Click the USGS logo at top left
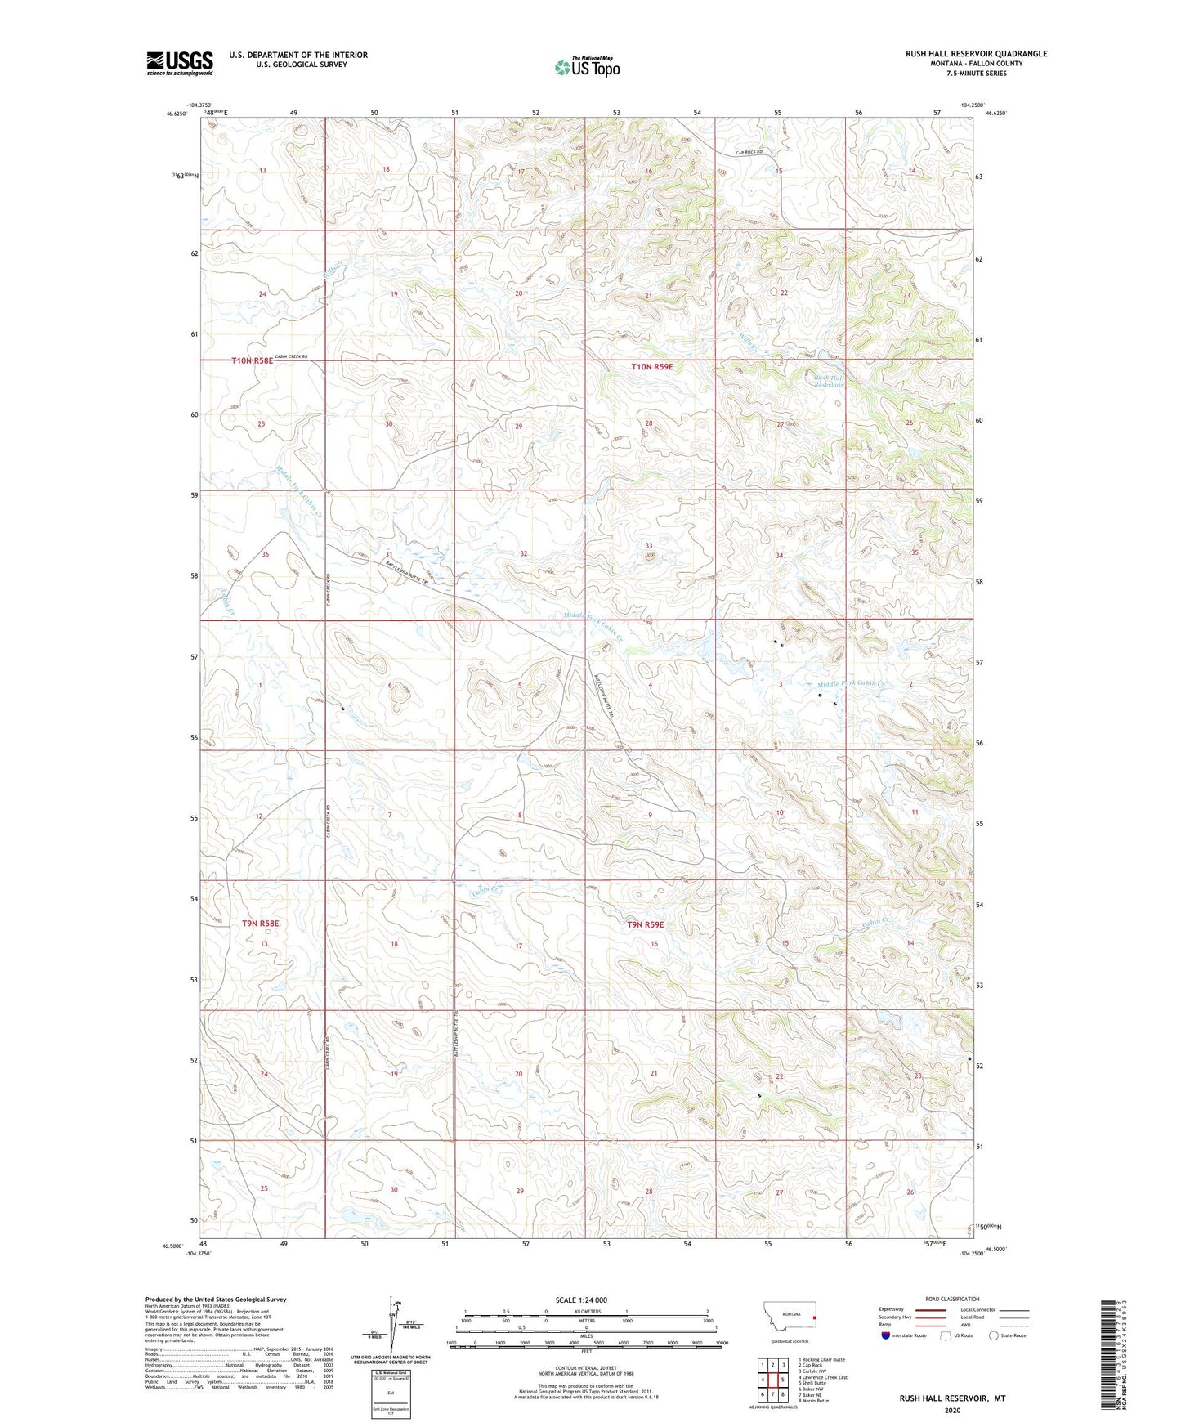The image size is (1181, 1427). pos(179,63)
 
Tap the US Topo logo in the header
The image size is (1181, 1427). pos(587,67)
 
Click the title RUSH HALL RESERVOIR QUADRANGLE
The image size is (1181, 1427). pos(976,54)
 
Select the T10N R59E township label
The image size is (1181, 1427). pos(652,367)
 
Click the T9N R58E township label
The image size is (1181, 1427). pos(261,924)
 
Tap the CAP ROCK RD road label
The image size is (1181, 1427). pos(749,152)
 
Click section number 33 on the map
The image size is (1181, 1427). pos(649,545)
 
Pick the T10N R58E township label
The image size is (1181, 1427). pos(253,360)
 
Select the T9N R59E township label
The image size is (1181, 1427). pos(646,924)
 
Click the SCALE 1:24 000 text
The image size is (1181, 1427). pos(581,1300)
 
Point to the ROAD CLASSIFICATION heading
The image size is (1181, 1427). pos(952,1299)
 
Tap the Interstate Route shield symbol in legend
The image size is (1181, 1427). pos(886,1335)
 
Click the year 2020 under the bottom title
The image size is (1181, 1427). pos(952,1410)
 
